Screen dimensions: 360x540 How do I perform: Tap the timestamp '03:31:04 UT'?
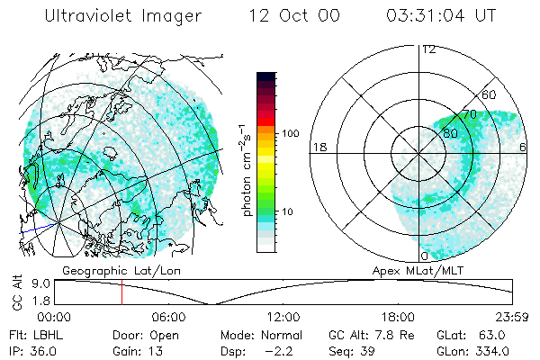pos(440,15)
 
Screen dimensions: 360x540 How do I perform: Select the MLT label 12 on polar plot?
pos(428,49)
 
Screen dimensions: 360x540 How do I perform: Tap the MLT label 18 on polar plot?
pos(318,147)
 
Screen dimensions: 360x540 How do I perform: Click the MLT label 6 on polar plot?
pos(524,147)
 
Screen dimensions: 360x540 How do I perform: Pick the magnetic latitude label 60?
pos(490,94)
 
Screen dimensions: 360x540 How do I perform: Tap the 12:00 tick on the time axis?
pos(283,317)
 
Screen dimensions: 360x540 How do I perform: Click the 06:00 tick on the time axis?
pos(168,317)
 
